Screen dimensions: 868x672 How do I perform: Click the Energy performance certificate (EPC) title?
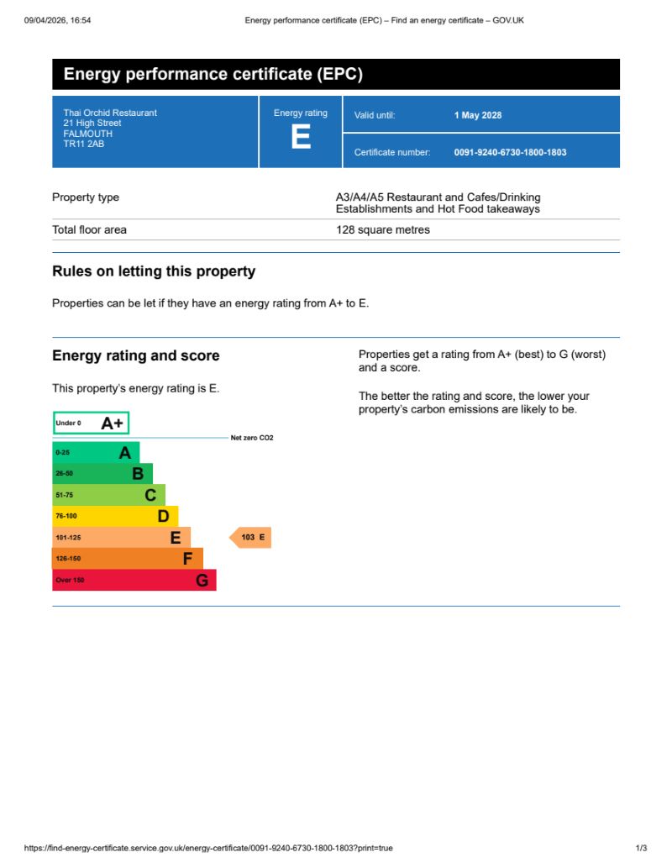(213, 75)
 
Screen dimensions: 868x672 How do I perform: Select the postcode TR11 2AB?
(84, 145)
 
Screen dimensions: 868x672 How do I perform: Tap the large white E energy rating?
(300, 137)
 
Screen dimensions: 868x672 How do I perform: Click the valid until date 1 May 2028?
(478, 115)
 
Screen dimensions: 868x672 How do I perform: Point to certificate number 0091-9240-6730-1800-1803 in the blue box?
(510, 152)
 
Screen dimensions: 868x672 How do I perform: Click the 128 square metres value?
(383, 229)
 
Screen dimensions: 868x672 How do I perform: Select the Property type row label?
(86, 197)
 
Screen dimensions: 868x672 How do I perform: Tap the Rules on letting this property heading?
(154, 271)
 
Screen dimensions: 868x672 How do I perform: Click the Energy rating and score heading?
(136, 355)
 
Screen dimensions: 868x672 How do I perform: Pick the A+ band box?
(91, 423)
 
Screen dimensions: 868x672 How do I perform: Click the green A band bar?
(96, 453)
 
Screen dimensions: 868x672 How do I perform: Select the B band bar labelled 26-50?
(102, 474)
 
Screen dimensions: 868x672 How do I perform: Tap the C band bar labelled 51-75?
(108, 495)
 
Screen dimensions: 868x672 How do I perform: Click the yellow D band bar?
(115, 516)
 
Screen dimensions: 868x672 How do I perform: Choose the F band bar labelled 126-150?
(128, 559)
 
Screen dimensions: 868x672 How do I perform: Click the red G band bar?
(134, 580)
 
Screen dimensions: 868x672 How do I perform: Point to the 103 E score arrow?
(251, 537)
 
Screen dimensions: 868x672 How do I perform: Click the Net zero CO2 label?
(252, 438)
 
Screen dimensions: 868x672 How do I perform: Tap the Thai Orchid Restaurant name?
(110, 113)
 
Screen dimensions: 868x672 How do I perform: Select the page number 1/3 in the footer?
(641, 848)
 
